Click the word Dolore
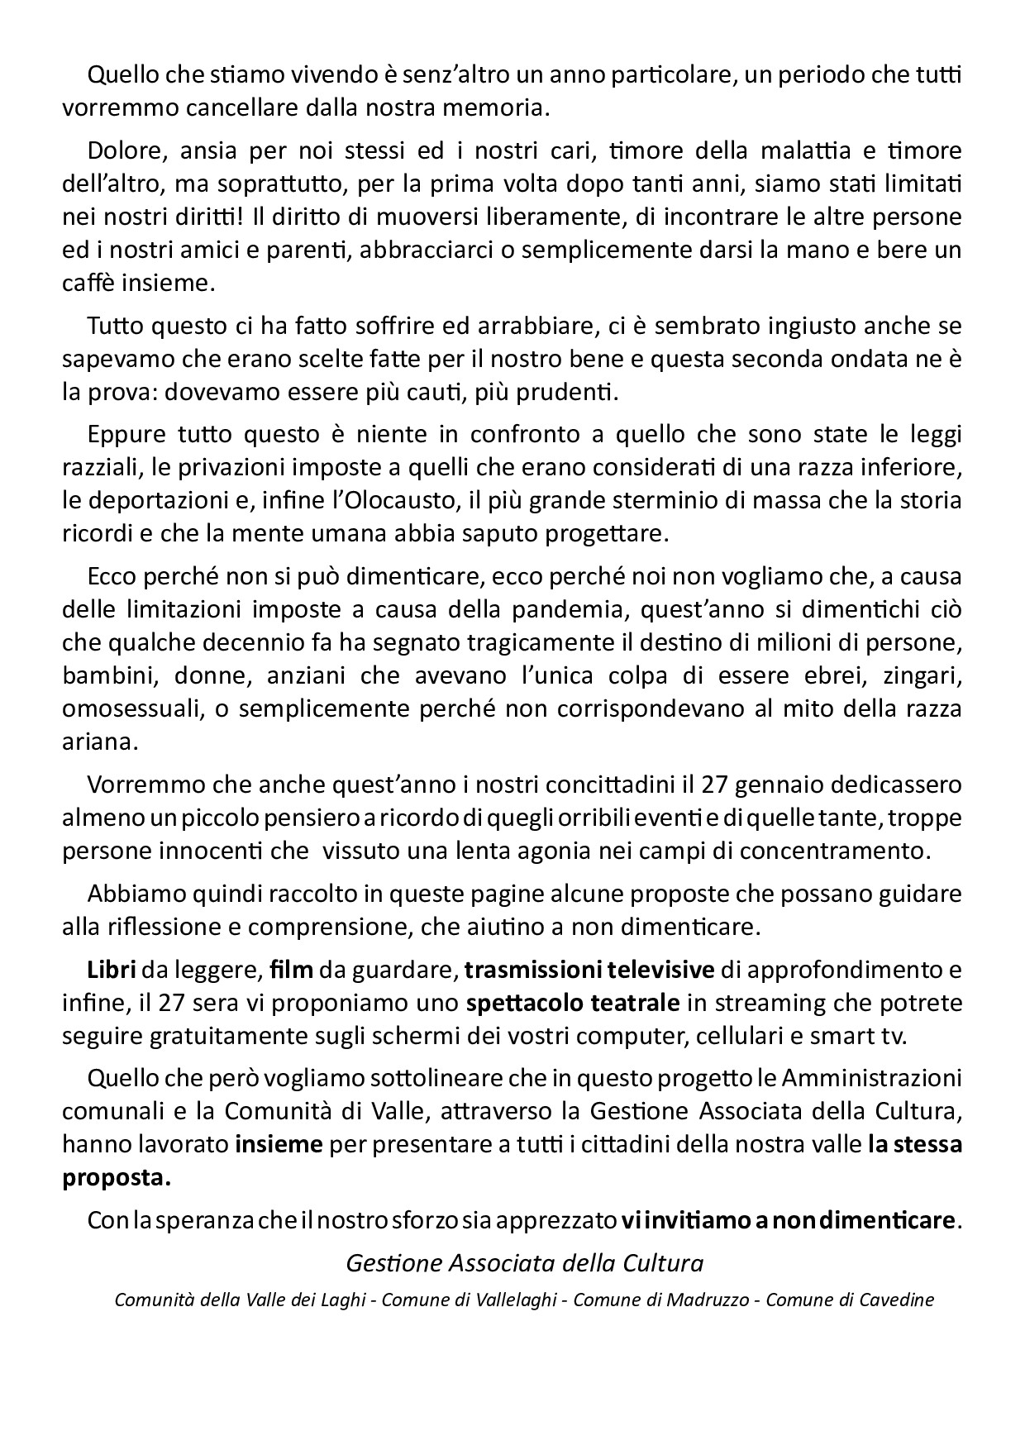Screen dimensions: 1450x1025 pyautogui.click(x=120, y=151)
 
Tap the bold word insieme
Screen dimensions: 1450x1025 pyautogui.click(x=279, y=1145)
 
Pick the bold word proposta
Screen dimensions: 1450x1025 pyautogui.click(x=117, y=1178)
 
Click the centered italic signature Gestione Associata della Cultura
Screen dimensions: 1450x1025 pyautogui.click(x=524, y=1263)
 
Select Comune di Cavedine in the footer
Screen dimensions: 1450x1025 pyautogui.click(x=850, y=1299)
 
